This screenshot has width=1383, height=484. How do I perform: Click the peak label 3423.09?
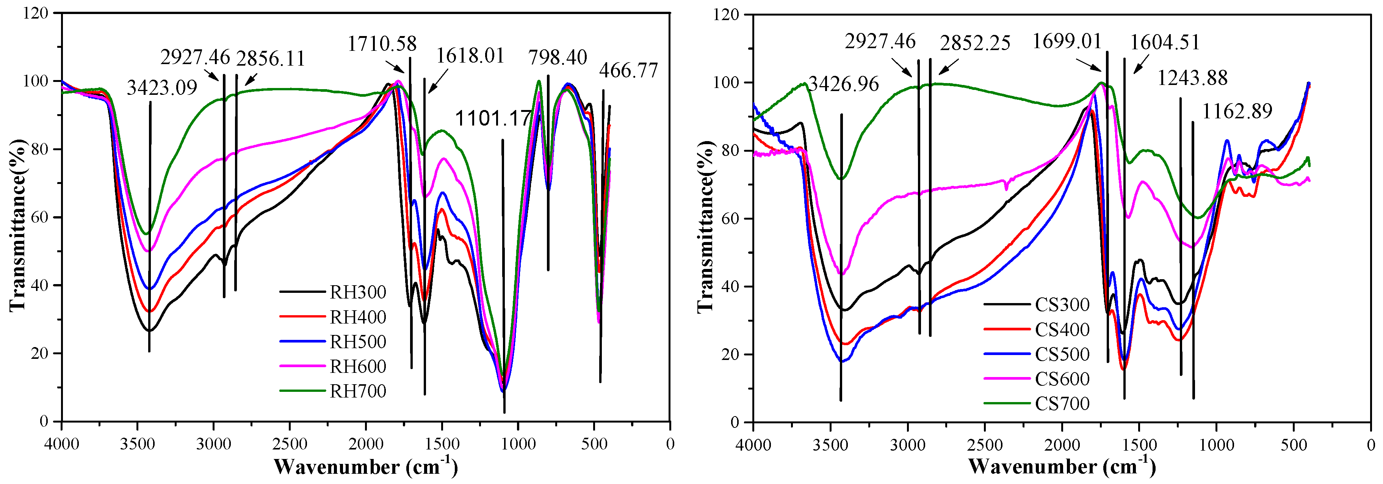coord(162,88)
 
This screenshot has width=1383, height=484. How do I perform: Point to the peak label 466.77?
coord(628,71)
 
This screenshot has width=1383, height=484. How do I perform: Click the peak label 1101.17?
coord(493,119)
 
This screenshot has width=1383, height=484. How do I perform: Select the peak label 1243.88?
coord(1192,79)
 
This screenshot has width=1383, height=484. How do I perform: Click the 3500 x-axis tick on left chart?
coord(138,444)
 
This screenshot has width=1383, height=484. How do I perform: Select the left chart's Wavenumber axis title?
coord(365,466)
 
